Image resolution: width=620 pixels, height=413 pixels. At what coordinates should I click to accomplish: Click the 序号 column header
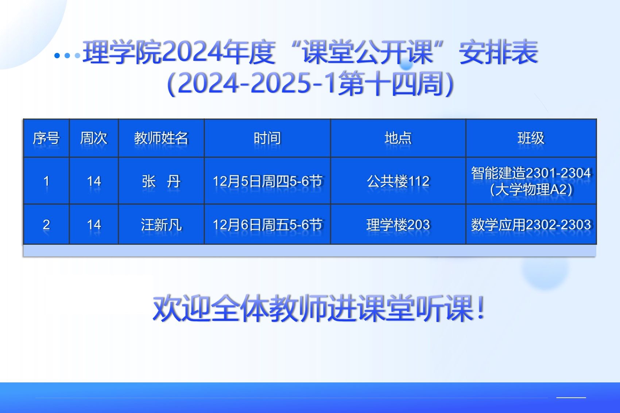tap(46, 138)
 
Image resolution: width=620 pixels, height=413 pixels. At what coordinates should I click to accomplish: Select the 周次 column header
tap(94, 138)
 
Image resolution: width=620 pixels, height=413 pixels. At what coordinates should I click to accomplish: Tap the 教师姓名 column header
tap(161, 138)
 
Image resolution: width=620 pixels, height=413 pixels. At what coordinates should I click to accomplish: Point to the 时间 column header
tap(267, 138)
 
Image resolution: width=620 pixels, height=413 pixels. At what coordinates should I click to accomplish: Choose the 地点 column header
tap(398, 138)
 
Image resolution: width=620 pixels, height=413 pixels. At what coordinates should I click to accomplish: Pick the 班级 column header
tap(531, 138)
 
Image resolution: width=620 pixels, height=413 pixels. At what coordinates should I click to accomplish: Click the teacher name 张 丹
tap(161, 181)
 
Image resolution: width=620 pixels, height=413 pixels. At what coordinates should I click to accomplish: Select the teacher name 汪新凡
tap(161, 224)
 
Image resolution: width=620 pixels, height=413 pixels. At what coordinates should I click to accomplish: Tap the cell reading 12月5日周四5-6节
tap(267, 181)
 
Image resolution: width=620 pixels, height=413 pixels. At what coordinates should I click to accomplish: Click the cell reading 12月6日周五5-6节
tap(267, 224)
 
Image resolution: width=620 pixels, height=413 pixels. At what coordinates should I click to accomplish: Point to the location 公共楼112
tap(398, 181)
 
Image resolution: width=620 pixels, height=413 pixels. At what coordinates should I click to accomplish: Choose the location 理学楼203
tap(398, 224)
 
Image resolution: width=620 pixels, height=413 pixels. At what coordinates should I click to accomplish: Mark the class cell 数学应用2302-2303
tap(531, 224)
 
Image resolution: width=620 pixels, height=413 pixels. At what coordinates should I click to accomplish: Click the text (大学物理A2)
tap(531, 190)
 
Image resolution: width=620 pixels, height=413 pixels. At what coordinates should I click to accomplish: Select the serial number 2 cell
tap(46, 224)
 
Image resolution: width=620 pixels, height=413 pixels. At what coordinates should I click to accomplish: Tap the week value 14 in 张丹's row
tap(94, 181)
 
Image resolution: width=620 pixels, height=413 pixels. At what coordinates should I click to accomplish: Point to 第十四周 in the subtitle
tap(390, 84)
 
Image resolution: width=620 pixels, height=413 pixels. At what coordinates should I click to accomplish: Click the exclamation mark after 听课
tap(481, 307)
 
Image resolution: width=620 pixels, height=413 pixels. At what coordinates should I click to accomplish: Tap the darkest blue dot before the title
tap(57, 56)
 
